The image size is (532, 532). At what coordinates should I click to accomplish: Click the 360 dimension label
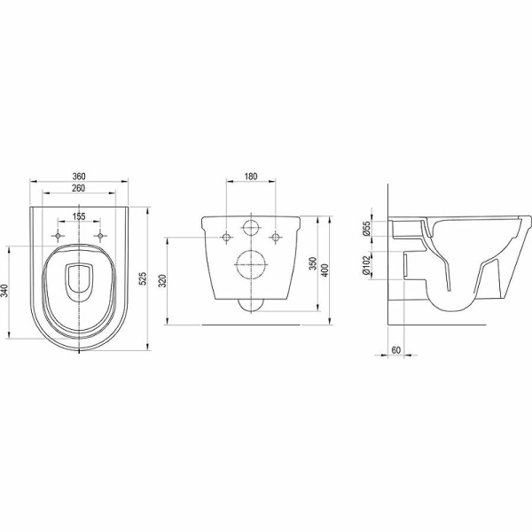click(x=79, y=177)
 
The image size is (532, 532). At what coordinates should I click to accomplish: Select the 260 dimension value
click(x=79, y=189)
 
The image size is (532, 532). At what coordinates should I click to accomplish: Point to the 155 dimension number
click(x=79, y=215)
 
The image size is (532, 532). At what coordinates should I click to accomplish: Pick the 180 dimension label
click(x=251, y=177)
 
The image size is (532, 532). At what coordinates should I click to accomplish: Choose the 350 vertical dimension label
click(x=313, y=263)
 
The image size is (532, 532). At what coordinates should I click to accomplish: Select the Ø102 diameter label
click(x=364, y=267)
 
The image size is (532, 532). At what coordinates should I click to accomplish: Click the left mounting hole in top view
click(x=59, y=236)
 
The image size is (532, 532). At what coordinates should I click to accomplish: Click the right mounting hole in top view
click(x=100, y=236)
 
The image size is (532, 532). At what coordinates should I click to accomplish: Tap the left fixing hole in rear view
click(x=228, y=236)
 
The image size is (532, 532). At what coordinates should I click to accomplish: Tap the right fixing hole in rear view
click(x=276, y=236)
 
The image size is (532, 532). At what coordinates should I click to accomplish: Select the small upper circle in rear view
click(x=252, y=230)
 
